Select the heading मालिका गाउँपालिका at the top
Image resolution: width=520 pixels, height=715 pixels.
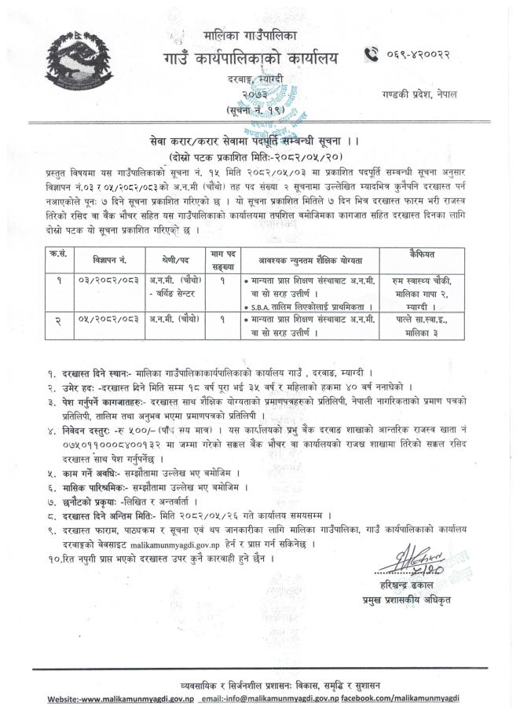[250, 36]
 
